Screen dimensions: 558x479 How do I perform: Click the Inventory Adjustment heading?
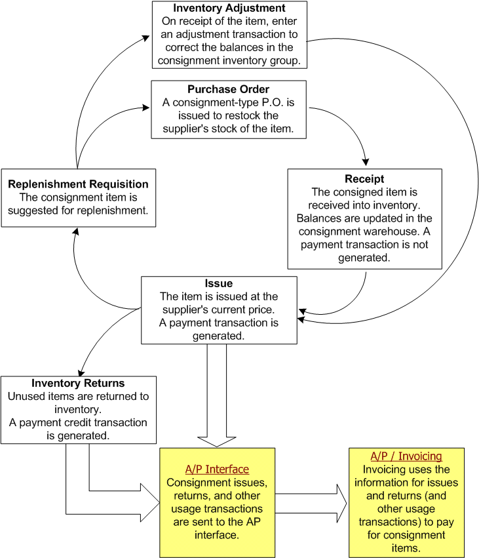pos(229,9)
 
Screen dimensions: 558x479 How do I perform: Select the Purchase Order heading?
pos(229,89)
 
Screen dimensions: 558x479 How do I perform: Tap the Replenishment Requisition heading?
pos(79,184)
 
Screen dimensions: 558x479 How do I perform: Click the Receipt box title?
pos(364,179)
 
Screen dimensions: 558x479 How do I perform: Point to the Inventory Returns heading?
pos(78,383)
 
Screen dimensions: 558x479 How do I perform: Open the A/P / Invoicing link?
pos(406,456)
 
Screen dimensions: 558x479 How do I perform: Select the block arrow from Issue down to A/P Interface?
pos(217,393)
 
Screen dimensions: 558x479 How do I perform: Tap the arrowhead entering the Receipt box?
pos(365,163)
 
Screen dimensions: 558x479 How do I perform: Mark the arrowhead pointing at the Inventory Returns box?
pos(82,372)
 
